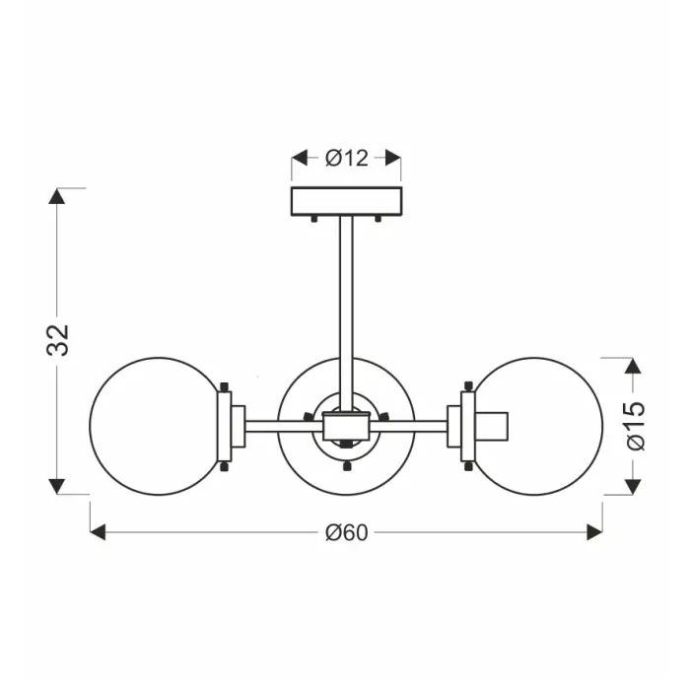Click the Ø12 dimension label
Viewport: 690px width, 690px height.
(x=346, y=158)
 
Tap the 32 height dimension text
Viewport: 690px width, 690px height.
(x=59, y=340)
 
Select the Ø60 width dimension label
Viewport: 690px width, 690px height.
(x=346, y=532)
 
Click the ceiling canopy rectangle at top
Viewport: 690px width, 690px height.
(x=346, y=201)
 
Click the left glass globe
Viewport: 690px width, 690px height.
(x=153, y=426)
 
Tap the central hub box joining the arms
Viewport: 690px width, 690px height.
(x=346, y=427)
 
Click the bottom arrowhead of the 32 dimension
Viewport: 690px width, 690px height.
(x=59, y=487)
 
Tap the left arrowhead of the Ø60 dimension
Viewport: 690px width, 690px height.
(x=98, y=532)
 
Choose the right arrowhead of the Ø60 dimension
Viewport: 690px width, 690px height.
(x=594, y=532)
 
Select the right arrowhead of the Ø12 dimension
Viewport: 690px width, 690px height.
(x=393, y=158)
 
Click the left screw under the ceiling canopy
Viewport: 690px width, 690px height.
(x=313, y=218)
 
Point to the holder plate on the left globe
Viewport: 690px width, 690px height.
(x=226, y=426)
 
